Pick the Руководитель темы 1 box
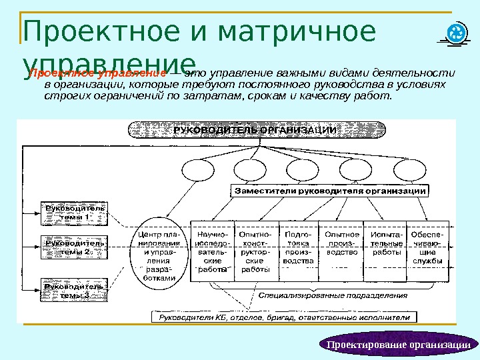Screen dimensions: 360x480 pos(74,213)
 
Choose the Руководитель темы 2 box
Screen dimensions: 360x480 pos(74,248)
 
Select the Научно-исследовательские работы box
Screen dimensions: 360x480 pos(213,252)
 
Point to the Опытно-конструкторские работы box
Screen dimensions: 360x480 pos(255,252)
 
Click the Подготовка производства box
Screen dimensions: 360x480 pos(298,248)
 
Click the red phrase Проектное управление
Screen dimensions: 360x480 pos(99,72)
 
